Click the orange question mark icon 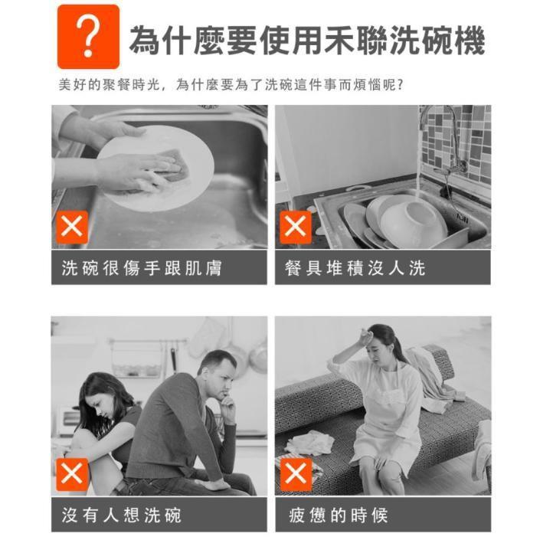(x=88, y=37)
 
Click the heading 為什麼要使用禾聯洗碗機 (x=306, y=40)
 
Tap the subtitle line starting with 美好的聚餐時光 (x=231, y=85)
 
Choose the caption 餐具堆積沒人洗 (x=355, y=268)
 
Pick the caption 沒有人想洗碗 (x=122, y=515)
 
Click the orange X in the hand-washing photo (x=73, y=227)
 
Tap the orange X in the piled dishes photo (x=296, y=227)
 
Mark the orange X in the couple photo (x=73, y=474)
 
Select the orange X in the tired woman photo (x=296, y=474)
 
